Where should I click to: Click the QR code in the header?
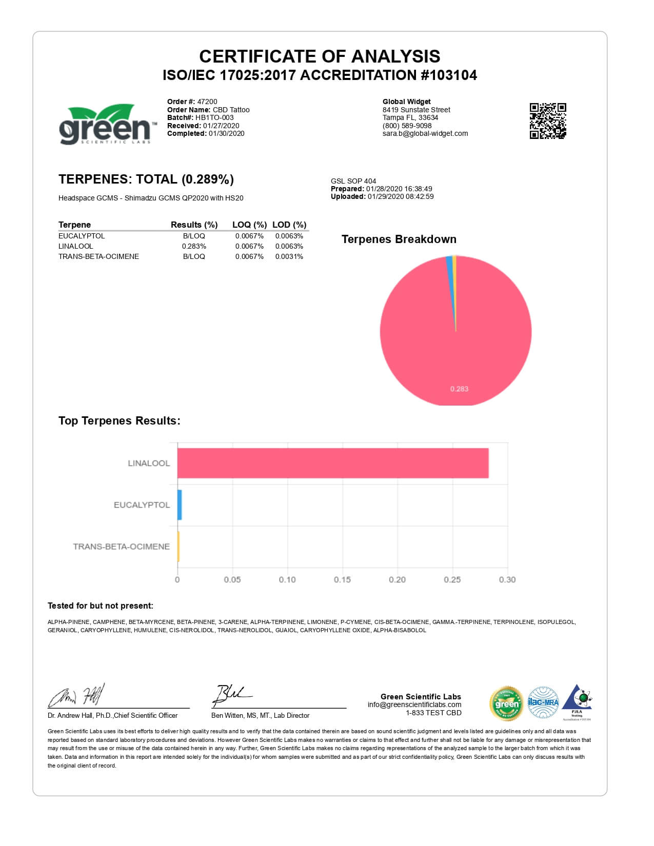[547, 121]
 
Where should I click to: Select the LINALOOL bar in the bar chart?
[333, 463]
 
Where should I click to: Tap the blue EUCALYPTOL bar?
[180, 505]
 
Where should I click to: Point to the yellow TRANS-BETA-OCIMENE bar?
[179, 547]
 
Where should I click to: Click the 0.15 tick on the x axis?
[342, 579]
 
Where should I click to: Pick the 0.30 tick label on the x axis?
[507, 579]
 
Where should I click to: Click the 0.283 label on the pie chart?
[459, 389]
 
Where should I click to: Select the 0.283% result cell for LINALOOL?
[194, 246]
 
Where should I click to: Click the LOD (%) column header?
[289, 225]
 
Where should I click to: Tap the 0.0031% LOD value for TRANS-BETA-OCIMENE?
[289, 256]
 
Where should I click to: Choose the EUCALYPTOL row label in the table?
[82, 236]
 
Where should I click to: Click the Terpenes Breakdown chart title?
[399, 239]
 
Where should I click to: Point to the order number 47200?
[207, 102]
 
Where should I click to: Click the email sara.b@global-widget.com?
[425, 133]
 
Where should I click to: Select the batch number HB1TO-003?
[214, 117]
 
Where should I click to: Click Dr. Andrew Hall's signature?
[77, 696]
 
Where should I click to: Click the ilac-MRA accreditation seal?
[543, 702]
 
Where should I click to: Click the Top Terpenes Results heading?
[120, 420]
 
